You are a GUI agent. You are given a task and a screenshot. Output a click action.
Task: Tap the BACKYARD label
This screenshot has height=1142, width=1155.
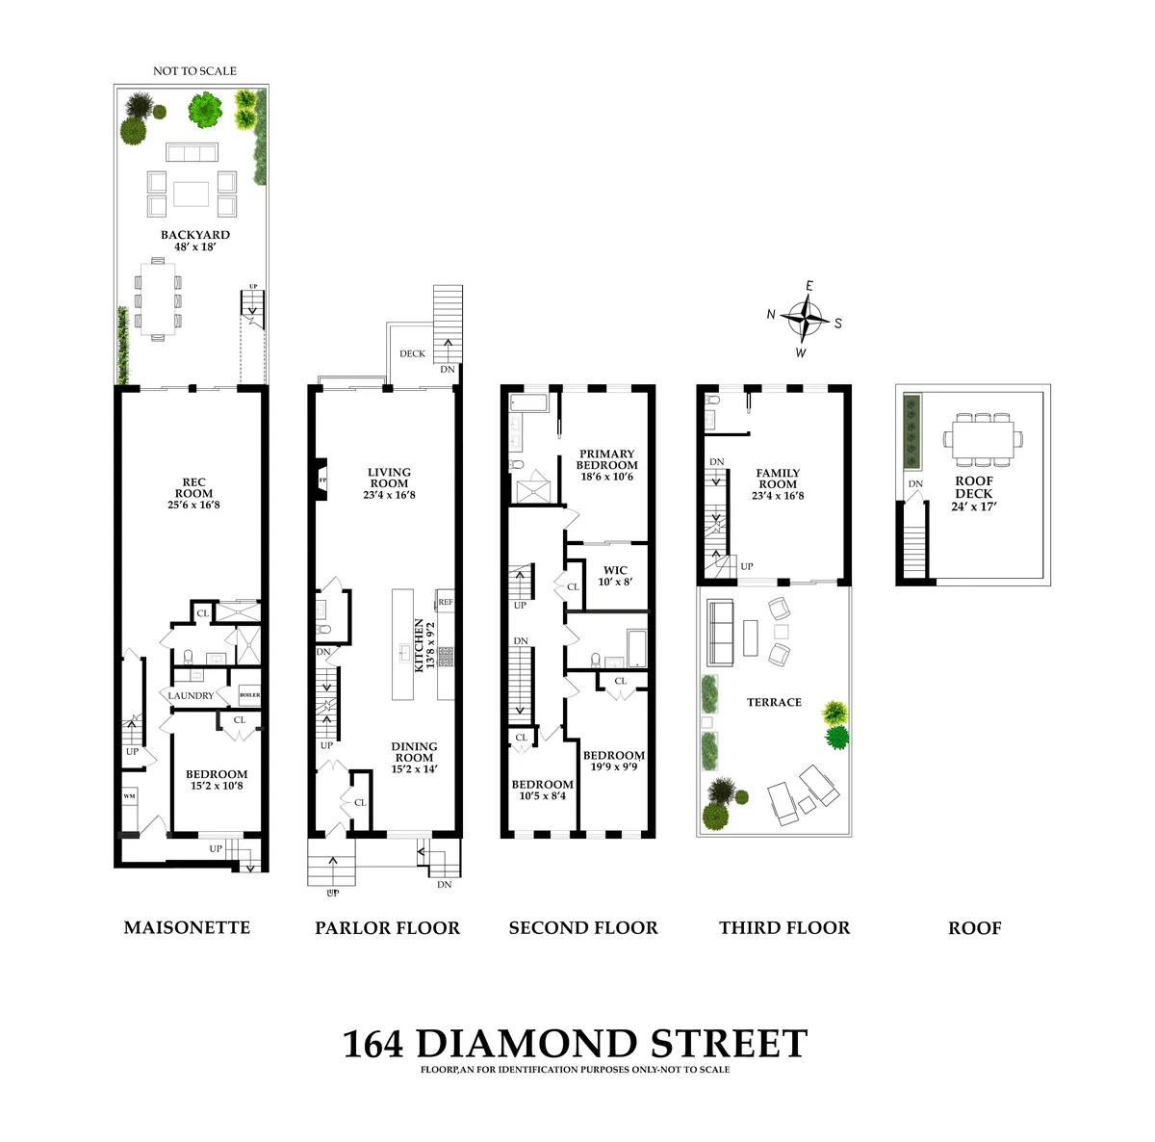[195, 240]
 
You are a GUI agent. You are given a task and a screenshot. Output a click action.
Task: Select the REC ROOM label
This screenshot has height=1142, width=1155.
[194, 493]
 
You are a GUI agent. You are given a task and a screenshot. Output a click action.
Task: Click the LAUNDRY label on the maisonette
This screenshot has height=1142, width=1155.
[191, 695]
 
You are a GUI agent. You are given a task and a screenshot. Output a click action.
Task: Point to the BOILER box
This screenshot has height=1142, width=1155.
[249, 695]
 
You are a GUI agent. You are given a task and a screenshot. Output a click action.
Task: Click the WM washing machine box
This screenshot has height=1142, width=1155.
[129, 796]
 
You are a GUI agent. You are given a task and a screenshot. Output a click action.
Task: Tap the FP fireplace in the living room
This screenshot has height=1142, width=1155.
[322, 480]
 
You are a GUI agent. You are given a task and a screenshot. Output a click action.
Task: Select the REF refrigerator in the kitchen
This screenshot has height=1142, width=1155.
[446, 602]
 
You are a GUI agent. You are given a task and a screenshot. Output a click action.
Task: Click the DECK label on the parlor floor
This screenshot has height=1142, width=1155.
[412, 353]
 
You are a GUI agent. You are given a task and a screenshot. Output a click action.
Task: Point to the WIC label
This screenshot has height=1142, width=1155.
[615, 576]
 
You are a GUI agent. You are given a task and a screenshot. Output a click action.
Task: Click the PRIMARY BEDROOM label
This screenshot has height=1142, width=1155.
[606, 464]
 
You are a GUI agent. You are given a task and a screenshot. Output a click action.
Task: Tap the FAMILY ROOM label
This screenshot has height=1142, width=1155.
[778, 484]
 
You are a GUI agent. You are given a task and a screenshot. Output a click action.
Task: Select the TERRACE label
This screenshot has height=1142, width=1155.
[774, 702]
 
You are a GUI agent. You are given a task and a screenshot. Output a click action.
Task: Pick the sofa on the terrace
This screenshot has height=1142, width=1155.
[719, 632]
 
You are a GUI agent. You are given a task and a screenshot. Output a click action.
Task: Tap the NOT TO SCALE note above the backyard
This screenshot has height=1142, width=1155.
[194, 71]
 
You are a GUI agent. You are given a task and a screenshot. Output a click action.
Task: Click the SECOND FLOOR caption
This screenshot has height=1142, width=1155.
[583, 928]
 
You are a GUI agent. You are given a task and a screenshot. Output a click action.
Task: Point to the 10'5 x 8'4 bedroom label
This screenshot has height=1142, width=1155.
[542, 790]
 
